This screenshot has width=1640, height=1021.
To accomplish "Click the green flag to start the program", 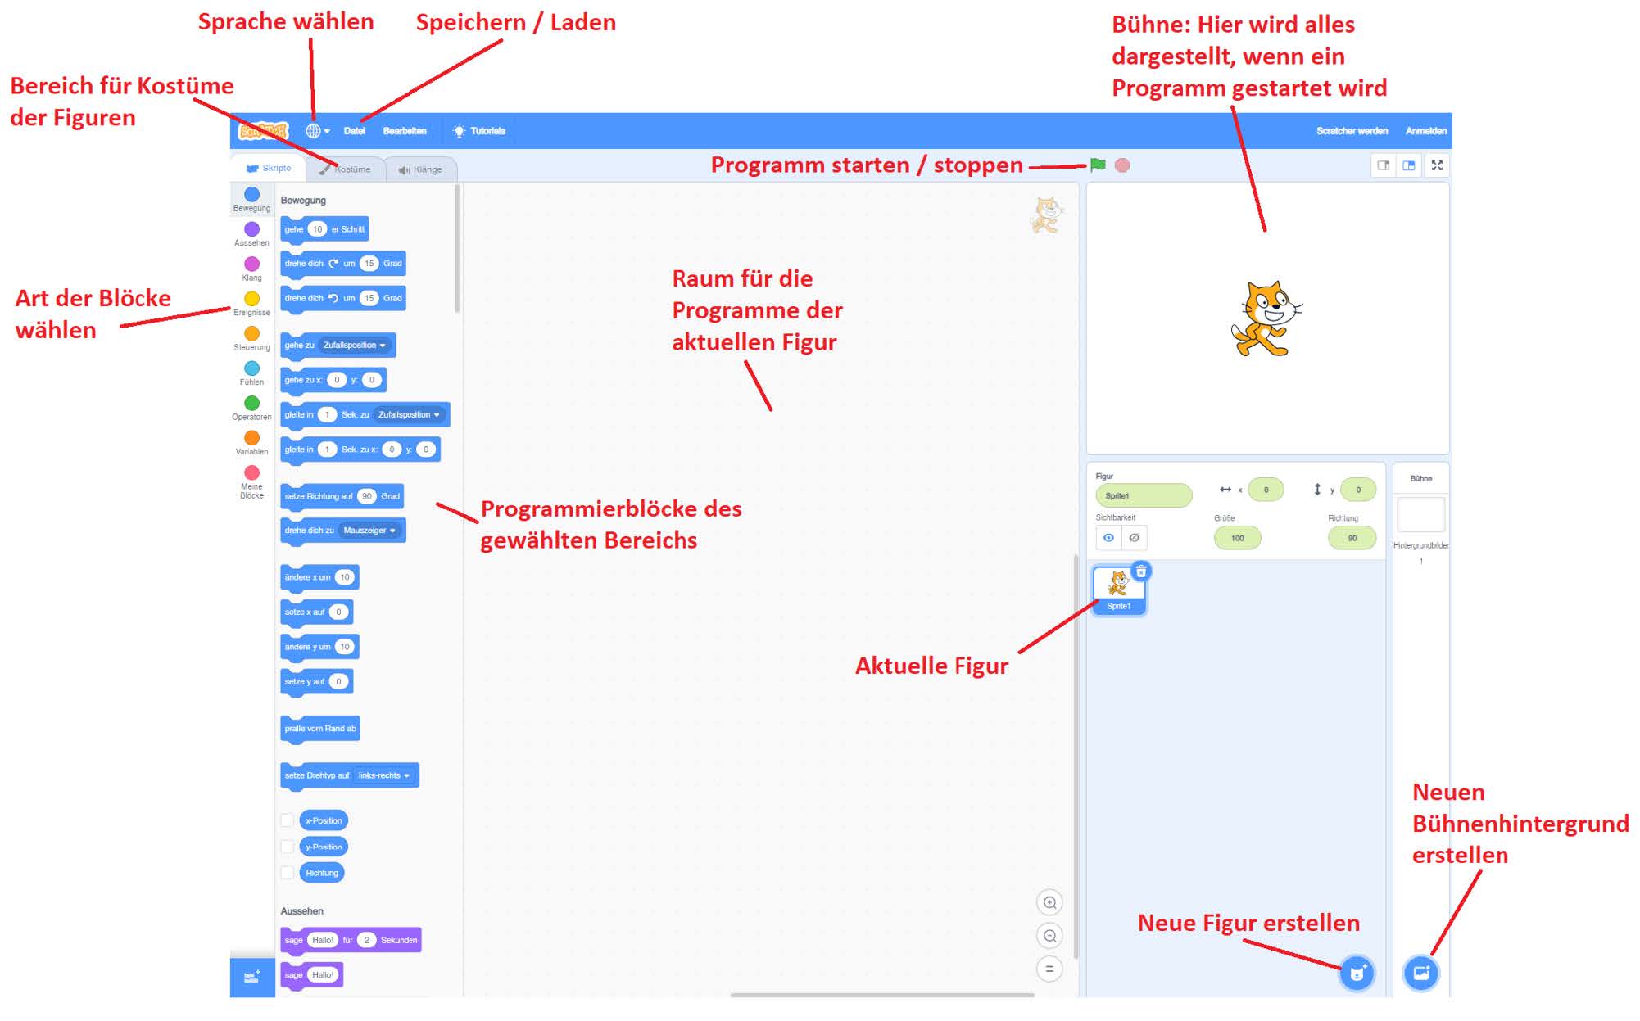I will tap(1098, 165).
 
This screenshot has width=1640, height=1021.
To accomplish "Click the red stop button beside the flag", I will tap(1122, 165).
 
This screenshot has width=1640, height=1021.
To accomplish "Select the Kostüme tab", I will tap(347, 169).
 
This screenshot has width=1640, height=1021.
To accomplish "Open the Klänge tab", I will tap(420, 169).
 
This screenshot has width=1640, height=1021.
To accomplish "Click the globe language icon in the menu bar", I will tap(314, 131).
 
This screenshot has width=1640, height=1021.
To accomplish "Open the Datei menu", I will tap(354, 131).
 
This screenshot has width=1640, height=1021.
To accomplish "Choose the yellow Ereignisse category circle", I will tap(251, 299).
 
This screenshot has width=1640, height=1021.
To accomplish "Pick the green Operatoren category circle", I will tap(251, 403).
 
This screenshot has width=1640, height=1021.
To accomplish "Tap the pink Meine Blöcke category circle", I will tap(251, 472).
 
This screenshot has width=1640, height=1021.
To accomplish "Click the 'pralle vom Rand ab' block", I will tap(320, 728).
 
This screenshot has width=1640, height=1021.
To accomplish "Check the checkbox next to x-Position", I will tap(287, 820).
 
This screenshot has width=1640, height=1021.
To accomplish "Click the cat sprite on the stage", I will tap(1266, 319).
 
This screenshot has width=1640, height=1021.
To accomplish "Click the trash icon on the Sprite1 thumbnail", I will tap(1141, 571).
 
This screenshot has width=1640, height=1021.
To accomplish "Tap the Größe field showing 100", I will tap(1237, 538).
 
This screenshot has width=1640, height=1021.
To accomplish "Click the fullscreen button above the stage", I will tap(1437, 165).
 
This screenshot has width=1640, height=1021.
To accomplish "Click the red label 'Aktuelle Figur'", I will tap(931, 666).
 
